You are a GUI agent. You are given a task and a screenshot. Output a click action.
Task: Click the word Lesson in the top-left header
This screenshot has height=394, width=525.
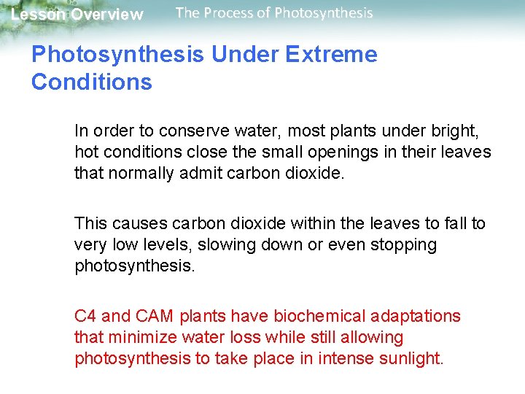click(x=37, y=15)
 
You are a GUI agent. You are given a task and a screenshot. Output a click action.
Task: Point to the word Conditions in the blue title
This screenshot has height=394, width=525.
click(x=92, y=82)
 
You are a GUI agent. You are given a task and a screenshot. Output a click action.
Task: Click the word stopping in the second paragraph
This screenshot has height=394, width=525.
click(x=402, y=244)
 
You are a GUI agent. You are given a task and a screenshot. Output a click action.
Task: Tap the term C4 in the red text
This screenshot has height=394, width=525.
click(x=85, y=316)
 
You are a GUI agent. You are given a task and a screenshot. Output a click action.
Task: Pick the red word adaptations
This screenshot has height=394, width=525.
click(x=416, y=316)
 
